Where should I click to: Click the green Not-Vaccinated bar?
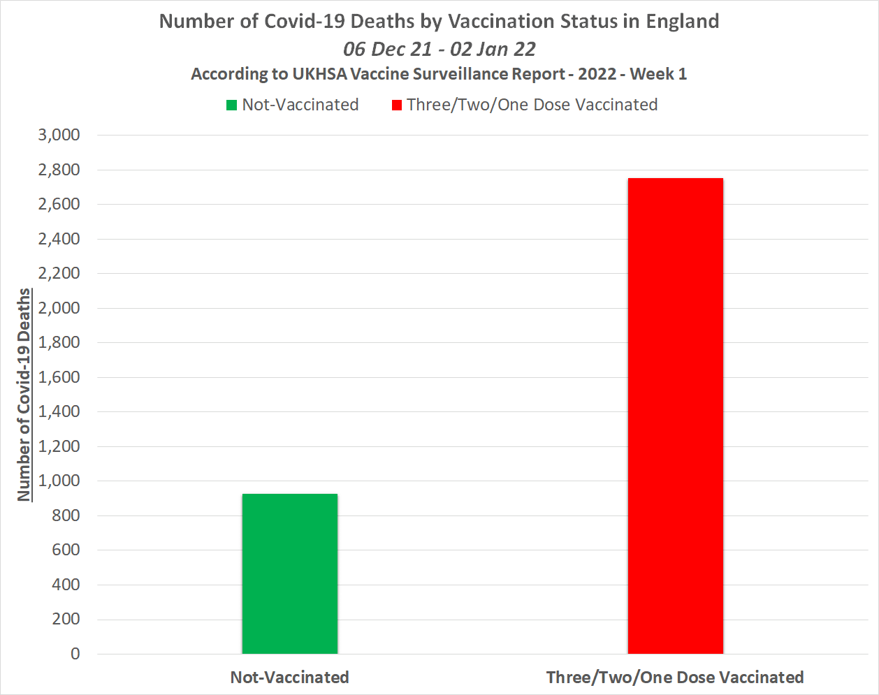290,573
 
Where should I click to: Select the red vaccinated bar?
675,416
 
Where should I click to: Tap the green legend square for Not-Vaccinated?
231,105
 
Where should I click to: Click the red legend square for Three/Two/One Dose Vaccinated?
397,105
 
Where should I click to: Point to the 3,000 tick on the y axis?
59,135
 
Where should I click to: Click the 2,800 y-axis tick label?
59,170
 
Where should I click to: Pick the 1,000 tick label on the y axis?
59,481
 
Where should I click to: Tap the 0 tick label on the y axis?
75,654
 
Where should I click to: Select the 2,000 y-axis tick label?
59,308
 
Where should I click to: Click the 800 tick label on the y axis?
66,515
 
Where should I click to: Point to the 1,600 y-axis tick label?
59,377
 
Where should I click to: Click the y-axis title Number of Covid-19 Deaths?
24,395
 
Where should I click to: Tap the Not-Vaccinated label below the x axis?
289,677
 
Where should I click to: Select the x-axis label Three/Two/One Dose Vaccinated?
675,677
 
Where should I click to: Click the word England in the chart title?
682,21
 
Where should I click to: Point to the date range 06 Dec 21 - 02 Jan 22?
439,49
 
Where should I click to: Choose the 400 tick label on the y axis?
66,585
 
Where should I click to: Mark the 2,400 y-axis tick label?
59,239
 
